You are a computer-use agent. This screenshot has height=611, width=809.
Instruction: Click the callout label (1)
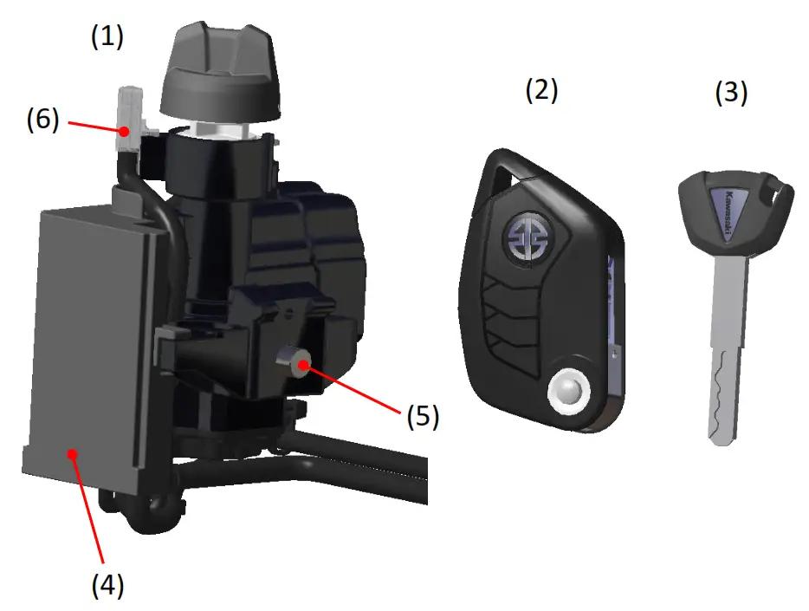[107, 36]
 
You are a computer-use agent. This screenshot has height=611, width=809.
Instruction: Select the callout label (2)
[542, 89]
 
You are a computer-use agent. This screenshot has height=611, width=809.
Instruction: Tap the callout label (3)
[730, 93]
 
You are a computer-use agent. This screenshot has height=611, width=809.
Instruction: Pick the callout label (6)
[42, 120]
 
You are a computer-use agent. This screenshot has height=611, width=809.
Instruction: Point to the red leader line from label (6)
[91, 126]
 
